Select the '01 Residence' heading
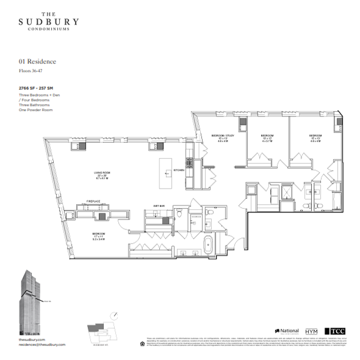38,62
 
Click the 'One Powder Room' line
35,109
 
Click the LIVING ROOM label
101,173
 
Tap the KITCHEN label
178,170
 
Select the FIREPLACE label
93,201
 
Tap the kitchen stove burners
189,163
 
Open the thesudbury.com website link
33,339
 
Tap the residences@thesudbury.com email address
42,345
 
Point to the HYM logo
311,330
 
